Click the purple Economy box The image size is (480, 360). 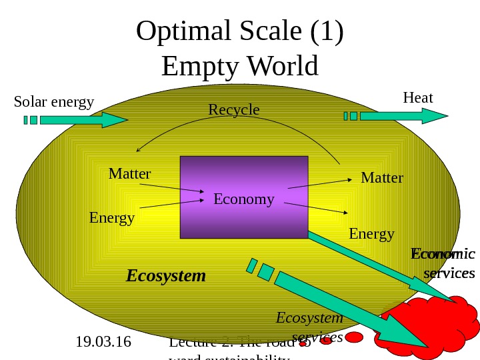point(244,197)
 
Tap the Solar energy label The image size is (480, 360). point(54,102)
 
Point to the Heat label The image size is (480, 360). point(418,98)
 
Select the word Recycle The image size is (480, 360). point(233,109)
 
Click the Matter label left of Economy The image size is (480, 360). point(129,174)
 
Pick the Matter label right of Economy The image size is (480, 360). point(382,178)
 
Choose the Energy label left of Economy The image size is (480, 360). point(111,218)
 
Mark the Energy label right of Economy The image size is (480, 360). point(371,234)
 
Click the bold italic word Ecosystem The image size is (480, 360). point(166,275)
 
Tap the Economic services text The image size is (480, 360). point(443,264)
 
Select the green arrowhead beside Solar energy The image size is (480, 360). point(113,120)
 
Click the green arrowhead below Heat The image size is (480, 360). point(434,116)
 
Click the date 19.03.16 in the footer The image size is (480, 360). point(103,343)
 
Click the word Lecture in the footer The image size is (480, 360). point(193,343)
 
